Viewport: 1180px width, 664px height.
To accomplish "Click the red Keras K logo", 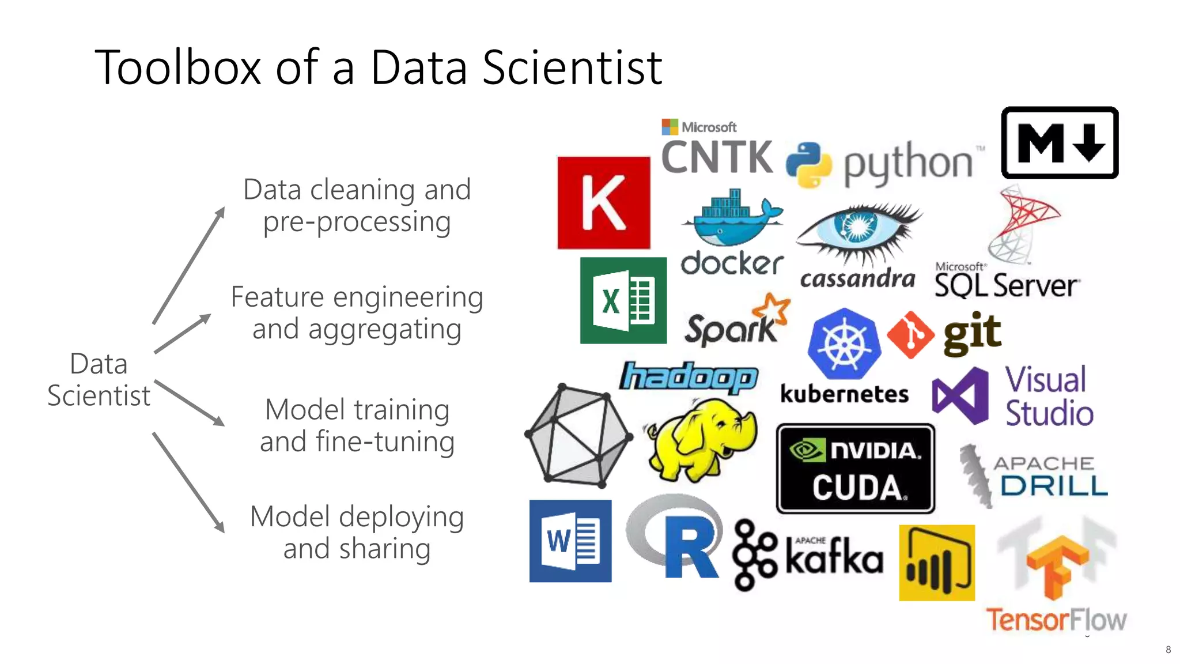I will point(603,202).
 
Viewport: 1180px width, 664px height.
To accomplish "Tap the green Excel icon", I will point(623,300).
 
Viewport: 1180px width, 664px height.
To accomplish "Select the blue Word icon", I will point(570,541).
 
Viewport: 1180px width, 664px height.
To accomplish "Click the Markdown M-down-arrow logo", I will point(1060,142).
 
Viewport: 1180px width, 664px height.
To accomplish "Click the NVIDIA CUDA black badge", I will point(855,469).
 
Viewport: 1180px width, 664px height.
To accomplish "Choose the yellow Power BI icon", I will point(937,563).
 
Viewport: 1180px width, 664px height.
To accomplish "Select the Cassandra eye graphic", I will point(858,230).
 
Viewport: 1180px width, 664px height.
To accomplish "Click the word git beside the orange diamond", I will point(973,333).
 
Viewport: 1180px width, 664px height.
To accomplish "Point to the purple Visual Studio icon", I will point(960,395).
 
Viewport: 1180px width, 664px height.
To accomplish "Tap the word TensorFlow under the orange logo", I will point(1056,620).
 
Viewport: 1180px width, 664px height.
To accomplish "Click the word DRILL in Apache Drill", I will point(1054,485).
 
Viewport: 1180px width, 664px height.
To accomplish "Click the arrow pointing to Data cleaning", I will point(188,266).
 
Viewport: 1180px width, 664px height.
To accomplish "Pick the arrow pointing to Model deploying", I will point(188,482).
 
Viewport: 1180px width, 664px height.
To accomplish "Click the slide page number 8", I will point(1168,650).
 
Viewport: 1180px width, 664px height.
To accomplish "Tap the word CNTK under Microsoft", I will point(717,157).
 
